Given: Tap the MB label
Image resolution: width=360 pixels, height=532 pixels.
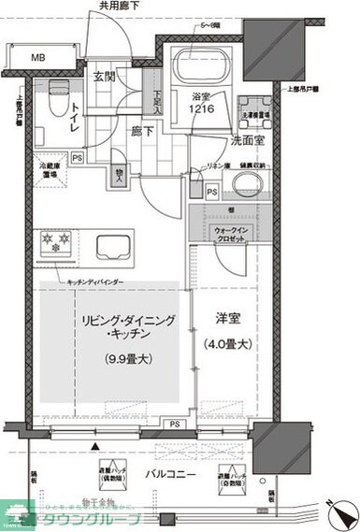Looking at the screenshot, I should click(x=38, y=57).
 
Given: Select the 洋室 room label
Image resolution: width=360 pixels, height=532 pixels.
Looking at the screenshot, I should click(x=226, y=320).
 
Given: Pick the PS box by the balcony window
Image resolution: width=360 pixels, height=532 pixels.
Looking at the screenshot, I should click(x=176, y=424).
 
